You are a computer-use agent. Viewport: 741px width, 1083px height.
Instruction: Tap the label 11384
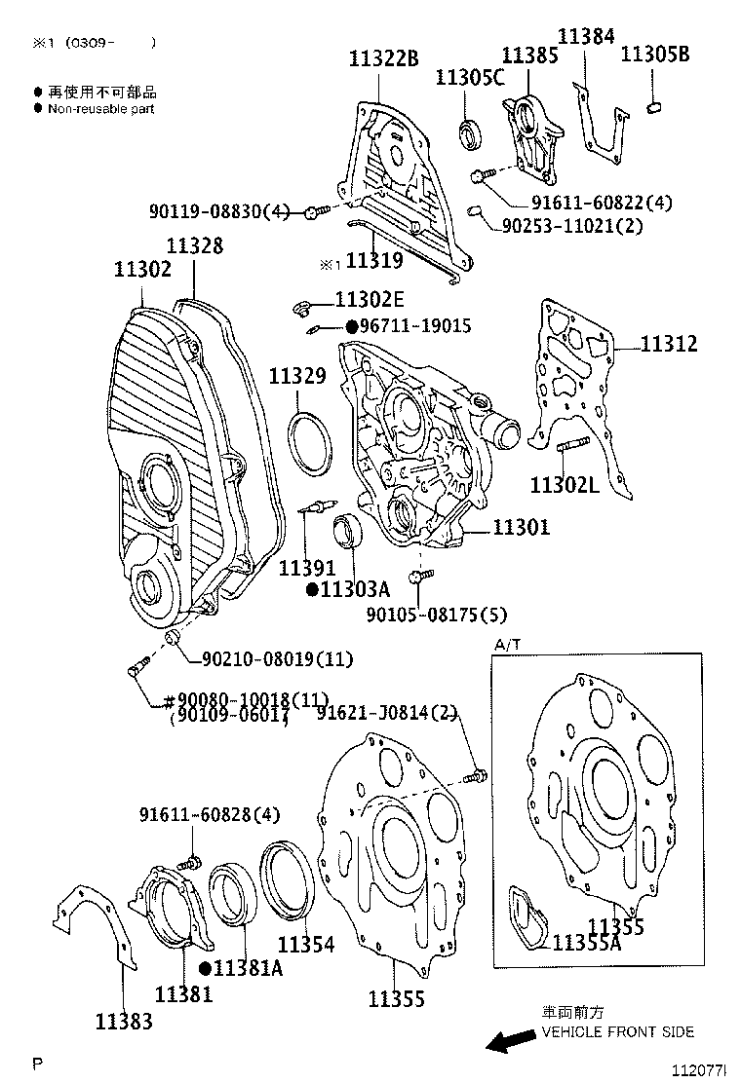tap(586, 37)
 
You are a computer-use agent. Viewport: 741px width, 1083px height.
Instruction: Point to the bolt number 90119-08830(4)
tap(219, 210)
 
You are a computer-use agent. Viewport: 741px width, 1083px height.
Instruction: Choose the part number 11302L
tap(565, 484)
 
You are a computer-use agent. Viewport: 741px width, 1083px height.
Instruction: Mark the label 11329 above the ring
tap(297, 376)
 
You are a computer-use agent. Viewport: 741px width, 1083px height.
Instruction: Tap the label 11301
tap(521, 527)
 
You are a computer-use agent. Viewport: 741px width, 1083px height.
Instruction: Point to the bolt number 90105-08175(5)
tap(437, 615)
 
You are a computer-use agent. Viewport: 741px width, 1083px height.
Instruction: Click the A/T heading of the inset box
tap(508, 645)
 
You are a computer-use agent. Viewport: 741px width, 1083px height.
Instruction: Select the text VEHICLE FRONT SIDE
tap(617, 1031)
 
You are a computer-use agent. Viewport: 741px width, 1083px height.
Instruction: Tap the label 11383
tap(124, 1021)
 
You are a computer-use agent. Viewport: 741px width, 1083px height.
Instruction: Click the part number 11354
tap(305, 944)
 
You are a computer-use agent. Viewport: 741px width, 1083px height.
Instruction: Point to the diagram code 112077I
tap(699, 1068)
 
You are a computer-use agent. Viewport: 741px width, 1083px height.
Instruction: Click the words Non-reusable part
tap(100, 109)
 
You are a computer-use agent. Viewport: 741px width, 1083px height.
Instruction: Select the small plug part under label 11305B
tap(655, 106)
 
